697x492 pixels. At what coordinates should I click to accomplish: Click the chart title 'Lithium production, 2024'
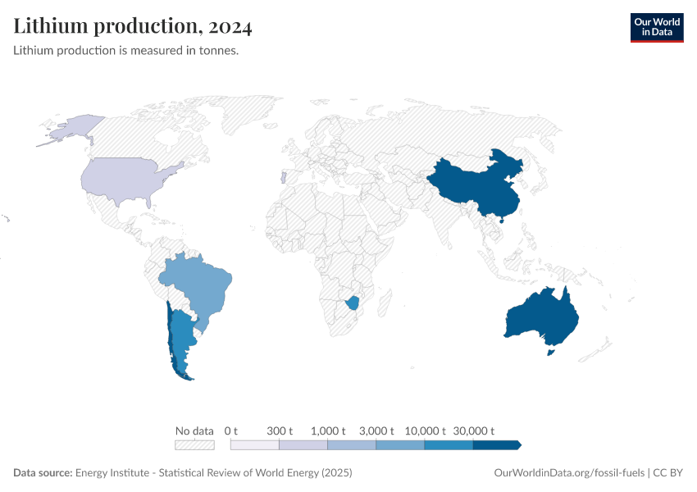tap(133, 27)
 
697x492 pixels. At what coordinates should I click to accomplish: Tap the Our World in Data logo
tap(656, 27)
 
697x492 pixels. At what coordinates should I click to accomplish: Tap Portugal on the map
tap(283, 176)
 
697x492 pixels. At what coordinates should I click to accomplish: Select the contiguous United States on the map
tap(123, 176)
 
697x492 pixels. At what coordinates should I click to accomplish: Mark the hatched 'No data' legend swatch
tap(194, 445)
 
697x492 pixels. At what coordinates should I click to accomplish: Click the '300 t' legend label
tap(280, 430)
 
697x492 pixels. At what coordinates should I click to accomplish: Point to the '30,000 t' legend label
tap(473, 430)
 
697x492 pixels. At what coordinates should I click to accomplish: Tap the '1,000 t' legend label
tap(328, 430)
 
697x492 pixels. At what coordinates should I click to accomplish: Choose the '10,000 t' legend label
tap(425, 430)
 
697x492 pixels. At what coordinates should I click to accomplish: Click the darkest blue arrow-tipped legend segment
tap(496, 445)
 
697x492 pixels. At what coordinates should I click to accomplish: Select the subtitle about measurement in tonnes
tap(126, 50)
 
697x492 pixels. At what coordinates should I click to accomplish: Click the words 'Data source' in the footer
tap(43, 473)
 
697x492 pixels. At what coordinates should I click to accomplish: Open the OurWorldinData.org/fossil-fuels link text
tap(569, 473)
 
